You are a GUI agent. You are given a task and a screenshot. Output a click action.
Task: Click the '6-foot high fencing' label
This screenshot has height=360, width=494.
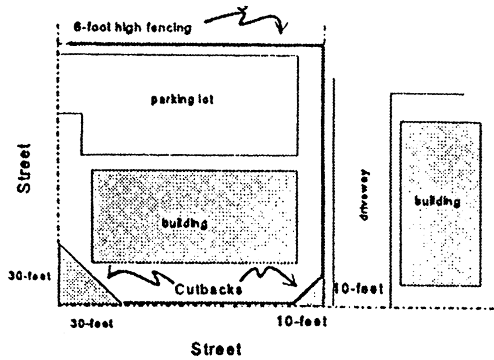132,27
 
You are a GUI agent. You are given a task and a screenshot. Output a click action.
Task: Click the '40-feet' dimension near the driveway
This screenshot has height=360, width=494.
360,288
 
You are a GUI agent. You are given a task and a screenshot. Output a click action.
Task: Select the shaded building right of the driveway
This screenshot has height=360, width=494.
441,203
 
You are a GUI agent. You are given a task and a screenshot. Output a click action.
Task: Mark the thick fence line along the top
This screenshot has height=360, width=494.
192,45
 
